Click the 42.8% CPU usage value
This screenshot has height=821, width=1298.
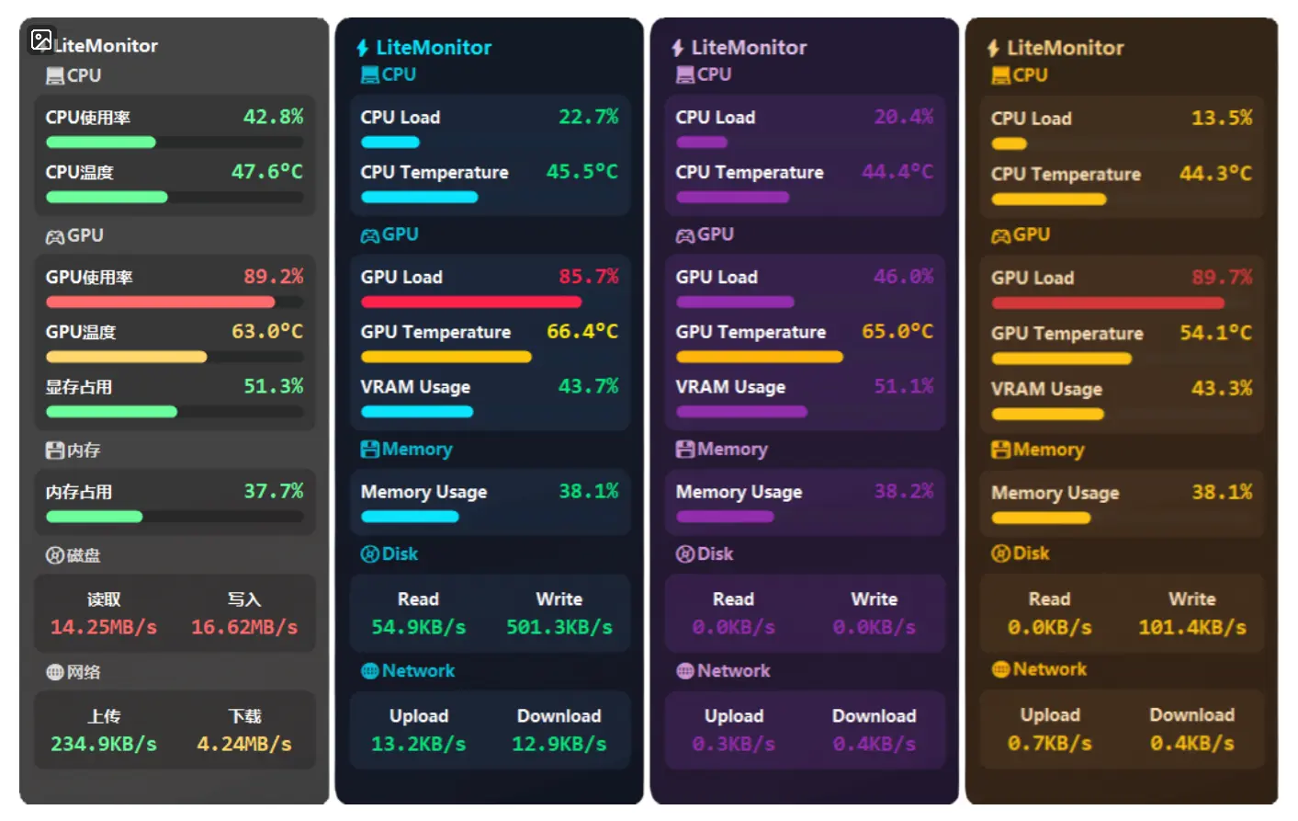273,117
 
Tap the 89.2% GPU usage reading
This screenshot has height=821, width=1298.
273,277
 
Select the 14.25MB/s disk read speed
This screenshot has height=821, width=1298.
104,627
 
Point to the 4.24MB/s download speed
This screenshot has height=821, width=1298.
244,744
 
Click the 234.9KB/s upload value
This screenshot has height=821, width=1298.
104,744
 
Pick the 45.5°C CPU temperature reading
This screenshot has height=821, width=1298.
582,172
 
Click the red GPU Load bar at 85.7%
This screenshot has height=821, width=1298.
471,302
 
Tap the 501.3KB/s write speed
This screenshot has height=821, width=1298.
559,627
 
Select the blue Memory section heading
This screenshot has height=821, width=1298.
407,450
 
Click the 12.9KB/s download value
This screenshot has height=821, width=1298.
559,744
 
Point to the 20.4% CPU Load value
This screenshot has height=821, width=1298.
904,117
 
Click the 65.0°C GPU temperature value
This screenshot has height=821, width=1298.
897,332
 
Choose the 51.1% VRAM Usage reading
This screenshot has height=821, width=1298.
904,387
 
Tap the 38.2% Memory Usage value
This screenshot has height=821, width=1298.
904,492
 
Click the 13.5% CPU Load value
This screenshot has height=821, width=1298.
1222,118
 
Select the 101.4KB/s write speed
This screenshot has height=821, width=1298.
1192,628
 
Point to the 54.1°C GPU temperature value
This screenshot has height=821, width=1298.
1215,333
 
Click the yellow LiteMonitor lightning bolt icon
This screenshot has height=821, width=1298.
993,48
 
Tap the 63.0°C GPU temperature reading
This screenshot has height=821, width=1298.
267,331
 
